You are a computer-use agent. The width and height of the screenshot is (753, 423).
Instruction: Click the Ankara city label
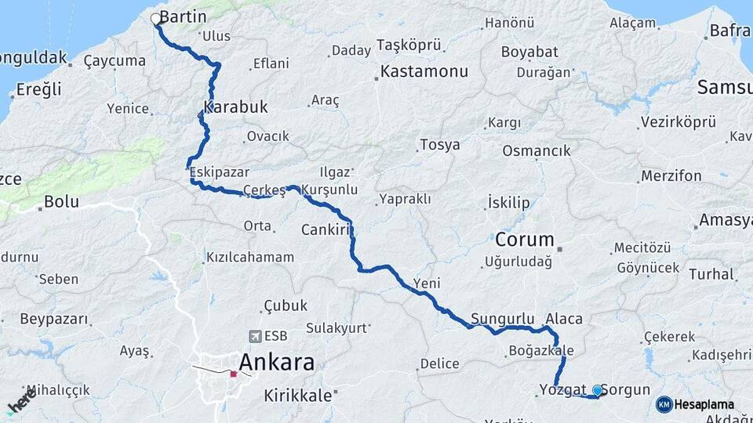click(x=276, y=363)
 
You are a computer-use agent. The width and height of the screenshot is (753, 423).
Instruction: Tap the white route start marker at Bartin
click(x=155, y=17)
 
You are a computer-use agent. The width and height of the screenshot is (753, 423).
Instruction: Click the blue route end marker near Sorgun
click(x=598, y=390)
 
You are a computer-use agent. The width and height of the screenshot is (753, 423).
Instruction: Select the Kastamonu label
click(x=424, y=71)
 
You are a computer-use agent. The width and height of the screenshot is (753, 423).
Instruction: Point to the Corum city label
click(x=524, y=240)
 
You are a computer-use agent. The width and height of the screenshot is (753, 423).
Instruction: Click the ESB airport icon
click(x=254, y=336)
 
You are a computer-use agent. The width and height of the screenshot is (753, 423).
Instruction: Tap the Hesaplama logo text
click(x=704, y=405)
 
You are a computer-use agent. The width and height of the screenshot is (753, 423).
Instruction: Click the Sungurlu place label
click(x=502, y=319)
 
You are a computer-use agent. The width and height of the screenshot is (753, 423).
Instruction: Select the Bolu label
click(x=61, y=202)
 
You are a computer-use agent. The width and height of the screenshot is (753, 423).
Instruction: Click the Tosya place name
click(x=439, y=145)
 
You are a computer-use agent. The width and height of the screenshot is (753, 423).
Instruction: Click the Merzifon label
click(x=671, y=176)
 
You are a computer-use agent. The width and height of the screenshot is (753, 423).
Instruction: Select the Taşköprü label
click(x=409, y=44)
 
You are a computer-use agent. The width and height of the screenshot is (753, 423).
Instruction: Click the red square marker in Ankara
click(x=233, y=374)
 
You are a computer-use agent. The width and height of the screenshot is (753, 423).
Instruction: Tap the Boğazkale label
click(x=541, y=350)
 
